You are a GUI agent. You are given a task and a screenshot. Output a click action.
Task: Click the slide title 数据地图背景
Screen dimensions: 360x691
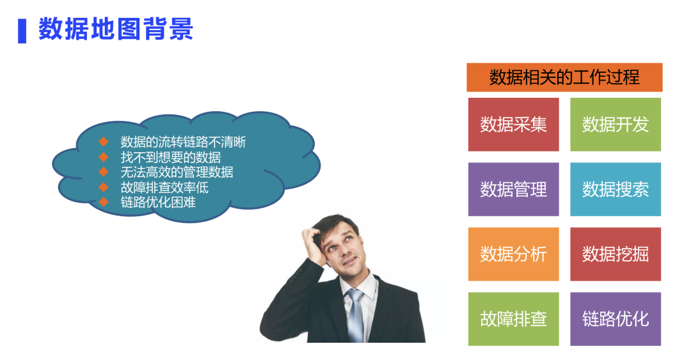point(116,29)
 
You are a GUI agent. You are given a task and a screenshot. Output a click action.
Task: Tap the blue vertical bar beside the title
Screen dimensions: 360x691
point(22,30)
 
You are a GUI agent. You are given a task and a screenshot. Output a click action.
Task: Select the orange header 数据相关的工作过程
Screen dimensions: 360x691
point(564,77)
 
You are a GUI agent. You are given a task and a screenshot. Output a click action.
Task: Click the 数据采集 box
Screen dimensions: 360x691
point(513,124)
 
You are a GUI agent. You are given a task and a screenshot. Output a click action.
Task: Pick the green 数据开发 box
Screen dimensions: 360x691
point(615,124)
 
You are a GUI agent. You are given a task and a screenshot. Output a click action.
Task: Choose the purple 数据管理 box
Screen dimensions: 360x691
point(513,189)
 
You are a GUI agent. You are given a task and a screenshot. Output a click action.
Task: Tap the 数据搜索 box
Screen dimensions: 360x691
point(615,189)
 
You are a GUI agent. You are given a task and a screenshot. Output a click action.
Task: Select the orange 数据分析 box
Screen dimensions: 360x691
point(513,254)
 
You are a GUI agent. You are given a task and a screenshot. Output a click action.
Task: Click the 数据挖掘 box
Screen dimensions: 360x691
point(615,254)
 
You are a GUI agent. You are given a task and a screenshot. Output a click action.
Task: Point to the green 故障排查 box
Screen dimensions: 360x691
point(513,318)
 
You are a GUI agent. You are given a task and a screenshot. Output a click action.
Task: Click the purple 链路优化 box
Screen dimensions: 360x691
point(615,318)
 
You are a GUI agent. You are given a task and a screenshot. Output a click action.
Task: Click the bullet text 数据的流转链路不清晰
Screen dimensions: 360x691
point(183,142)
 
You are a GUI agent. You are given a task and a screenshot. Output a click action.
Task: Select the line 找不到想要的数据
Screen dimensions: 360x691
point(171,157)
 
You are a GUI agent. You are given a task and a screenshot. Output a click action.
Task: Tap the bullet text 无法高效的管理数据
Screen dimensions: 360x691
point(177,172)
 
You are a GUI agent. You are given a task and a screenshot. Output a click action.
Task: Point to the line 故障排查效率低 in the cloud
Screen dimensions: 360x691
point(164,187)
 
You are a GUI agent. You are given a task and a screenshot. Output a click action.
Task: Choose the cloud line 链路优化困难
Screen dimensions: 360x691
point(158,203)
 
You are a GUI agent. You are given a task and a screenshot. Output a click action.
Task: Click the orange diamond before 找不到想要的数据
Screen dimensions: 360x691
point(104,157)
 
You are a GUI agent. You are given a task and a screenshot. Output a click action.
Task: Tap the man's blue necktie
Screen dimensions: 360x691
point(356,313)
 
